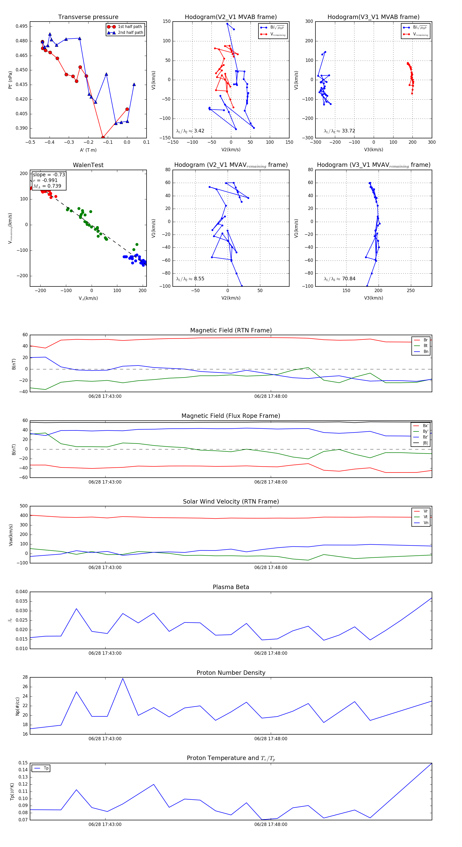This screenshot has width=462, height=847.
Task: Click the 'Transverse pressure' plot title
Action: click(88, 17)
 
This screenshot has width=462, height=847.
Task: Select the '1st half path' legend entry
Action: click(130, 27)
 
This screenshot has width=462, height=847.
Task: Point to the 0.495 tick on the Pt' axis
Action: click(22, 26)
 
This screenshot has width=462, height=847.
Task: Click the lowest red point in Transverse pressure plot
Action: click(103, 137)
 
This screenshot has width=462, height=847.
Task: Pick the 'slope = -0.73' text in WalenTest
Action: click(49, 175)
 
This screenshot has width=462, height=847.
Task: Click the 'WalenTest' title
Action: click(88, 165)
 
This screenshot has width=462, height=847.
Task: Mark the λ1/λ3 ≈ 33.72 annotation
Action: click(339, 131)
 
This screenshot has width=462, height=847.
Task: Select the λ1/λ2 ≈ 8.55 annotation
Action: click(190, 279)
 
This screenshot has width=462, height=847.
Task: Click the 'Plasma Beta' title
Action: click(231, 587)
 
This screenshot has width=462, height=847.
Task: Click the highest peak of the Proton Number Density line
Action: click(123, 679)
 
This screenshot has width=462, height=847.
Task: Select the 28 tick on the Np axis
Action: click(25, 677)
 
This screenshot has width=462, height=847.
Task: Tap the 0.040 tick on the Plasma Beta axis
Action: click(22, 592)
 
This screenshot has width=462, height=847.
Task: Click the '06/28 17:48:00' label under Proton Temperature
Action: click(271, 824)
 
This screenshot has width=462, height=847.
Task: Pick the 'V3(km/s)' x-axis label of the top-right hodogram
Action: click(373, 150)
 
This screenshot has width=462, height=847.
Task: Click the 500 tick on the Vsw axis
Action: click(24, 506)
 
